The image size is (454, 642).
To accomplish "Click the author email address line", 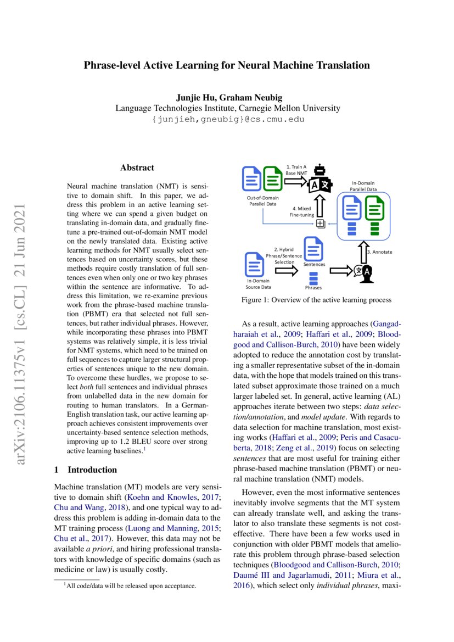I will point(227,119).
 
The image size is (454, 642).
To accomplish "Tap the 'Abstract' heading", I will point(137,168).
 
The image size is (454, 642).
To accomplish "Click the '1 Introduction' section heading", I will point(86,470).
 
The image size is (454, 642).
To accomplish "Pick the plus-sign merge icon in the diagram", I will point(320,223).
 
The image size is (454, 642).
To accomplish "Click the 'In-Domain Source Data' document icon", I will point(254,265).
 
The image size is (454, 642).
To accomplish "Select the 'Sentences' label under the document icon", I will point(313,265).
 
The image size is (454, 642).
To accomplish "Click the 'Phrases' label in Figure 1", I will point(313,287).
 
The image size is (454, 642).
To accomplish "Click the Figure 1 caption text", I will point(316,300).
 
